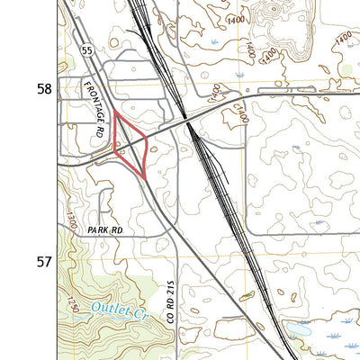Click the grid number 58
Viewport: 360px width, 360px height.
[x=43, y=89]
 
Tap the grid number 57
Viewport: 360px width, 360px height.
[x=43, y=263]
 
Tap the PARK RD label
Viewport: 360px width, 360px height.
[x=104, y=231]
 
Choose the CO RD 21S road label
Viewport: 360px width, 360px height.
[x=171, y=303]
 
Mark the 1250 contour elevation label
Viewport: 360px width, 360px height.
[x=74, y=305]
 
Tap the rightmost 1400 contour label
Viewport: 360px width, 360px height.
[x=342, y=36]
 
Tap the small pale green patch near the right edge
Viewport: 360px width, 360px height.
[x=346, y=68]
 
